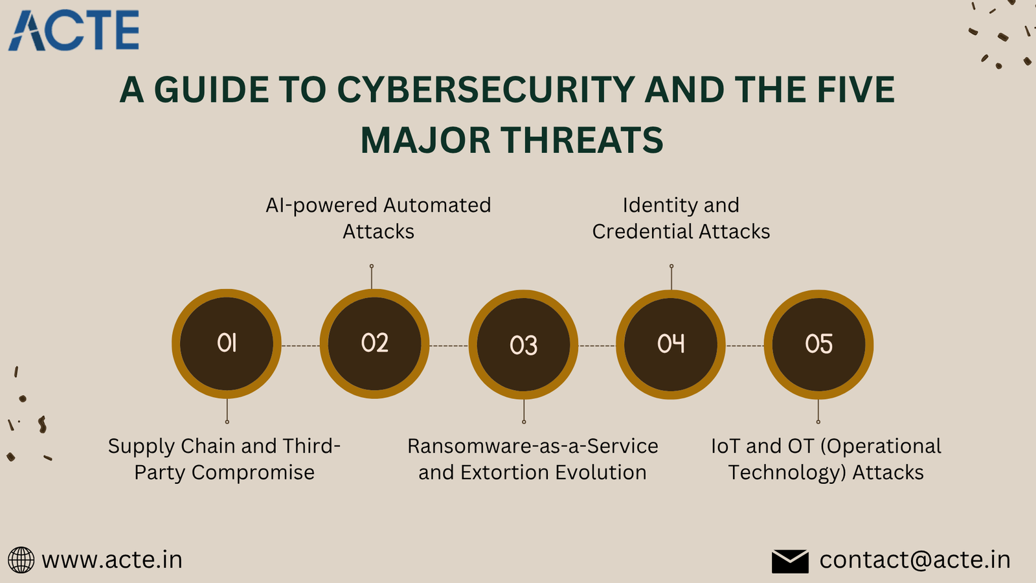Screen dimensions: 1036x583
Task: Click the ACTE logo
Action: [74, 30]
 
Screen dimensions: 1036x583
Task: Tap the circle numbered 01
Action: [227, 344]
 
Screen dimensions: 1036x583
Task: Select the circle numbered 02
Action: [375, 344]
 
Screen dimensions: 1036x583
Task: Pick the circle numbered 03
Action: [523, 345]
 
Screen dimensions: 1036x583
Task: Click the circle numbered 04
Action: [671, 345]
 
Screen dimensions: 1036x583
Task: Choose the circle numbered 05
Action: [818, 345]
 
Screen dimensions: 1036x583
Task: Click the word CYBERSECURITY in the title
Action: [486, 89]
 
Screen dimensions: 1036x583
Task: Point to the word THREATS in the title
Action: [582, 140]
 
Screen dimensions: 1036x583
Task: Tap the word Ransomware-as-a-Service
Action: [533, 446]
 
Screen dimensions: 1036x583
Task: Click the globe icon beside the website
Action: [21, 560]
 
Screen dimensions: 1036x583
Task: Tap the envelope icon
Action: [790, 561]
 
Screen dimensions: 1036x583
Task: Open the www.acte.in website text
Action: [112, 560]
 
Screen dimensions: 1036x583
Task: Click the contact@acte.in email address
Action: [915, 560]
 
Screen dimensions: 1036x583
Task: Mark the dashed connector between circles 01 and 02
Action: [300, 346]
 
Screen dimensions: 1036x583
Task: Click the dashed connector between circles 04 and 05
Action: [745, 346]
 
